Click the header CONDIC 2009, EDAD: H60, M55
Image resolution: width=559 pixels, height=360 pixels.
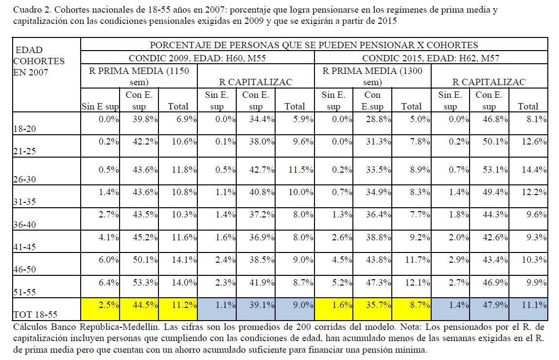[x=197, y=57]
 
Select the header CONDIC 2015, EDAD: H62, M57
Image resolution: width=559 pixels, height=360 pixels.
[x=431, y=57]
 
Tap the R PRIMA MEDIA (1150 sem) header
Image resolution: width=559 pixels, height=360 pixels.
[x=139, y=76]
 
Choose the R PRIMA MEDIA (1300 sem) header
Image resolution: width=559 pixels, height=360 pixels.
[x=373, y=76]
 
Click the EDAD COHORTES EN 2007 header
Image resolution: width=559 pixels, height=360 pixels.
[x=39, y=61]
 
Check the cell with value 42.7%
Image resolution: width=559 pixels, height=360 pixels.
[x=257, y=170]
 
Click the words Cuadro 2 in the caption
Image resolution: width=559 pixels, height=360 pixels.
[x=30, y=10]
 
